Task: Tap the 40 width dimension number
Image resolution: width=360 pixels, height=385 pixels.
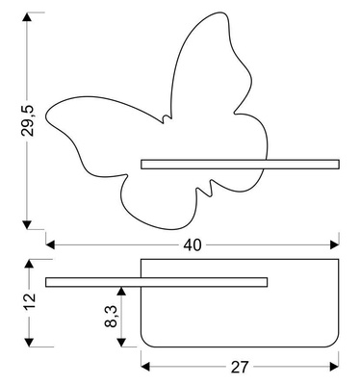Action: pos(192,245)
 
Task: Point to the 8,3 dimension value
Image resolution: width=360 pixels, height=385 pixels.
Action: pos(110,314)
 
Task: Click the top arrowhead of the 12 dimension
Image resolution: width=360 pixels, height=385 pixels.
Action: pos(32,263)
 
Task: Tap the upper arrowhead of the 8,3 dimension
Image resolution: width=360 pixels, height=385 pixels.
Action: pos(121,291)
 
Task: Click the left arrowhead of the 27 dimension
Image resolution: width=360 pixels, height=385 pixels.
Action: pos(147,367)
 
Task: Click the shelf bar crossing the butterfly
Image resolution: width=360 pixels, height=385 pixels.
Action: pos(241,165)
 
